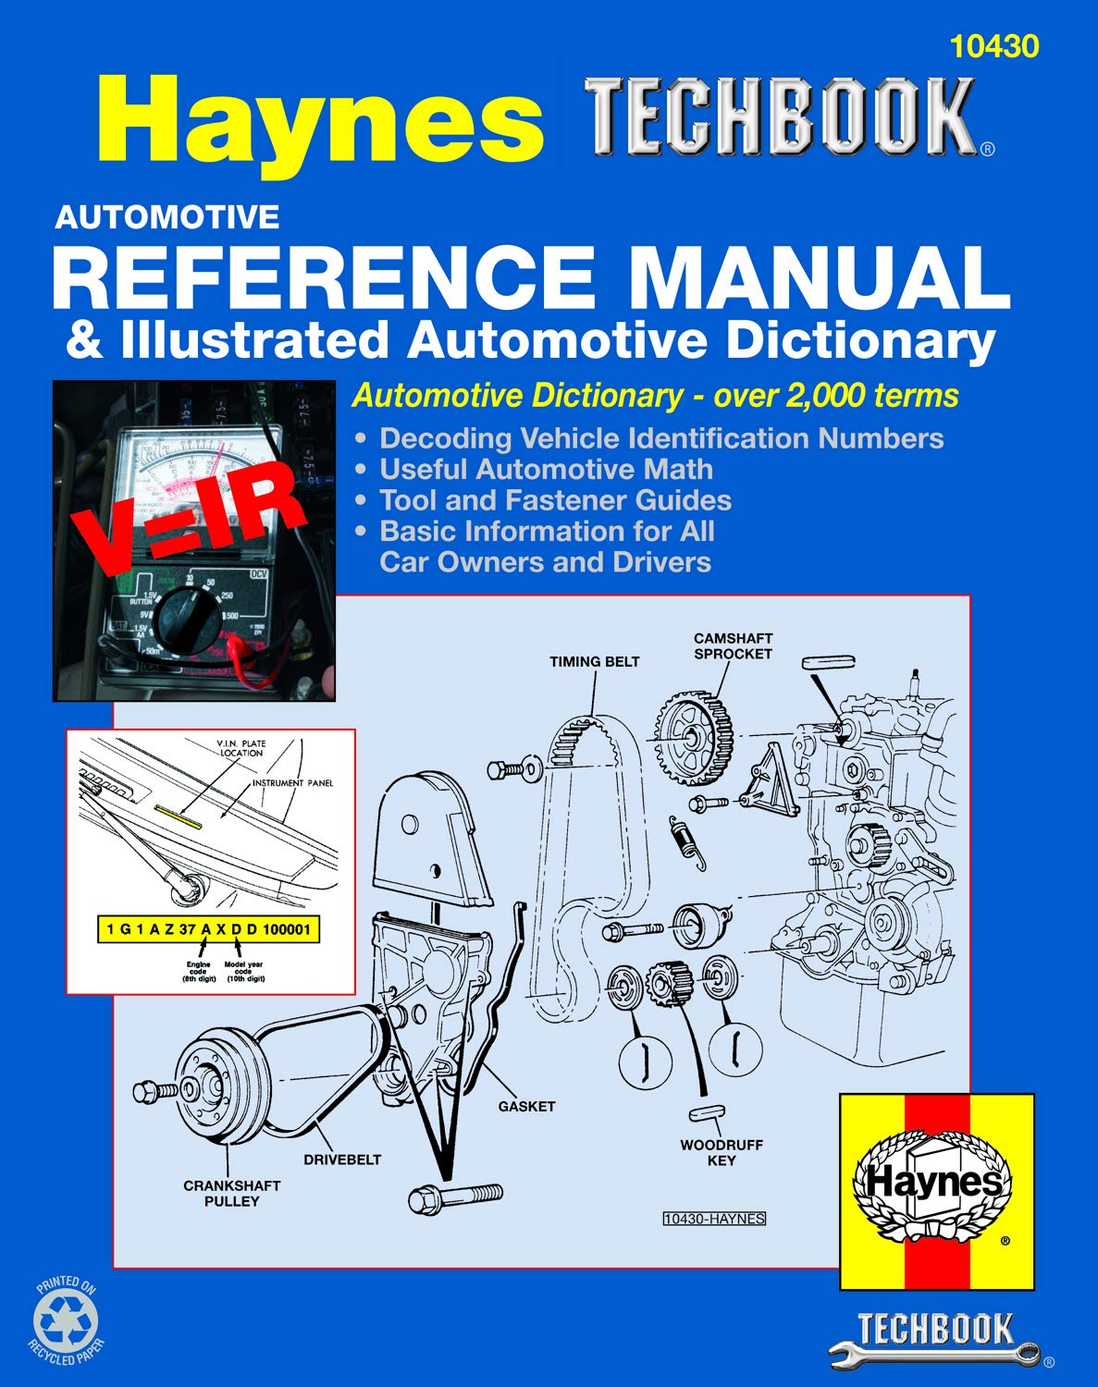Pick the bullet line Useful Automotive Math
pyautogui.click(x=546, y=470)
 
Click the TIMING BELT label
pyautogui.click(x=594, y=661)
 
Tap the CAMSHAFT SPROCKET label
pyautogui.click(x=733, y=645)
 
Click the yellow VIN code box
pyautogui.click(x=208, y=928)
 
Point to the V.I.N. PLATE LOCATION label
pyautogui.click(x=241, y=747)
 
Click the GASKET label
pyautogui.click(x=526, y=1106)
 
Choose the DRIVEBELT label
pyautogui.click(x=342, y=1160)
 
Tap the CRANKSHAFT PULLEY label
pyautogui.click(x=231, y=1193)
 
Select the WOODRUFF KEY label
pyautogui.click(x=722, y=1152)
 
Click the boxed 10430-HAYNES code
pyautogui.click(x=714, y=1219)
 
